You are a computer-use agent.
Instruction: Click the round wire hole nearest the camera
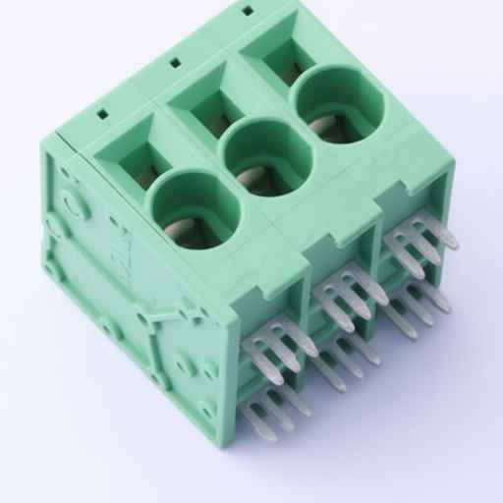pos(194,208)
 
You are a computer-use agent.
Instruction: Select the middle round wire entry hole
pos(266,156)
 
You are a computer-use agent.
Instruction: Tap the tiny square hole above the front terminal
pos(102,113)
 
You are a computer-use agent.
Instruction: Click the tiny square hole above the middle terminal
pos(175,62)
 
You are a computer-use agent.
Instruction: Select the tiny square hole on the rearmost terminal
pos(247,11)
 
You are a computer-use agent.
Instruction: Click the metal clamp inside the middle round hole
pos(253,177)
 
